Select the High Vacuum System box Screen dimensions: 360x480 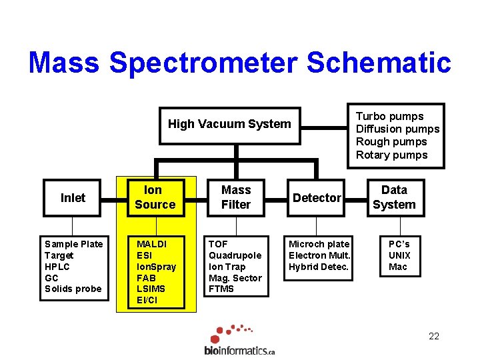pyautogui.click(x=229, y=124)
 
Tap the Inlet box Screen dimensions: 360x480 pyautogui.click(x=73, y=198)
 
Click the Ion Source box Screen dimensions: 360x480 pyautogui.click(x=155, y=197)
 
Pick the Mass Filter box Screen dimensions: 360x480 pyautogui.click(x=236, y=197)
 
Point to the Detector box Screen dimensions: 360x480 pyautogui.click(x=317, y=198)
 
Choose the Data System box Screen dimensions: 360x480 pyautogui.click(x=394, y=197)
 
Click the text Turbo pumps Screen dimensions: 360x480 pyautogui.click(x=389, y=116)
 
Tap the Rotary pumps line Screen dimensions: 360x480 pyautogui.click(x=391, y=155)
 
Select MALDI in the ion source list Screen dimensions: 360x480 pyautogui.click(x=151, y=244)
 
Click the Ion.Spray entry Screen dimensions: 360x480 pyautogui.click(x=156, y=267)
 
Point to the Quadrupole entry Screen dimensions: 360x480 pyautogui.click(x=235, y=255)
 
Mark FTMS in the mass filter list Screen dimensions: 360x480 pyautogui.click(x=222, y=289)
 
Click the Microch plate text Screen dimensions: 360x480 pyautogui.click(x=319, y=244)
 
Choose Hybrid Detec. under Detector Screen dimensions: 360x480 pyautogui.click(x=319, y=267)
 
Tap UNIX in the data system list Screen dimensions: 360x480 pyautogui.click(x=399, y=255)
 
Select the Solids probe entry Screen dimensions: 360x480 pyautogui.click(x=73, y=289)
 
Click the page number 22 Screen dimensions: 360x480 pyautogui.click(x=434, y=336)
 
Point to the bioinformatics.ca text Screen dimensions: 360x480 pyautogui.click(x=239, y=350)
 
